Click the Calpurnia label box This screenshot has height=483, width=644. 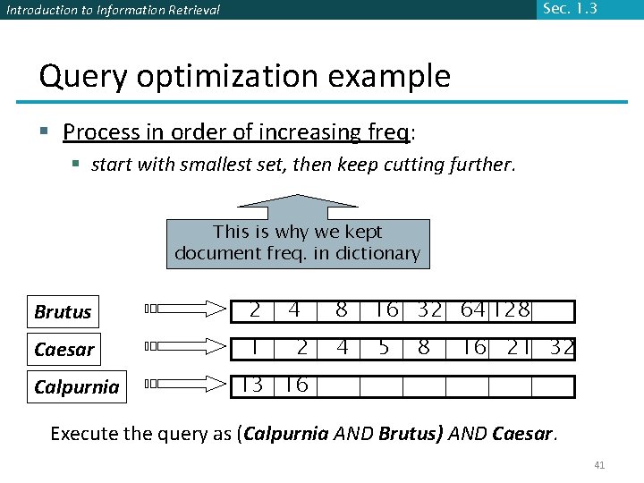(76, 386)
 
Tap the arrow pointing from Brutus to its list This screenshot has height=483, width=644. (186, 309)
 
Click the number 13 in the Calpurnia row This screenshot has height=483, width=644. (252, 386)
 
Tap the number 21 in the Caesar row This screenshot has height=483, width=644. (518, 348)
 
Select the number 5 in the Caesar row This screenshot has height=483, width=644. (384, 348)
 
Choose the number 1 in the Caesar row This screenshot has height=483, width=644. (255, 348)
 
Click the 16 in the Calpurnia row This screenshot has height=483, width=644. (295, 386)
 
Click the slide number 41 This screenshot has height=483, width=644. (599, 465)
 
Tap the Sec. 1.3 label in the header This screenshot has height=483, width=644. (569, 9)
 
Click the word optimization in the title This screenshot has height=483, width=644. (224, 76)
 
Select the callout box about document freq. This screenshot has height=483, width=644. (297, 242)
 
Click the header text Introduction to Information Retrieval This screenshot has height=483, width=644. (112, 11)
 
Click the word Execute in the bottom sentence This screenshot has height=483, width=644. (82, 434)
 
